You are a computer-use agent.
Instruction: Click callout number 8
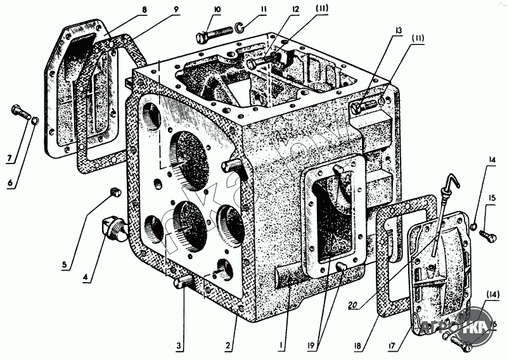pyautogui.click(x=144, y=11)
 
